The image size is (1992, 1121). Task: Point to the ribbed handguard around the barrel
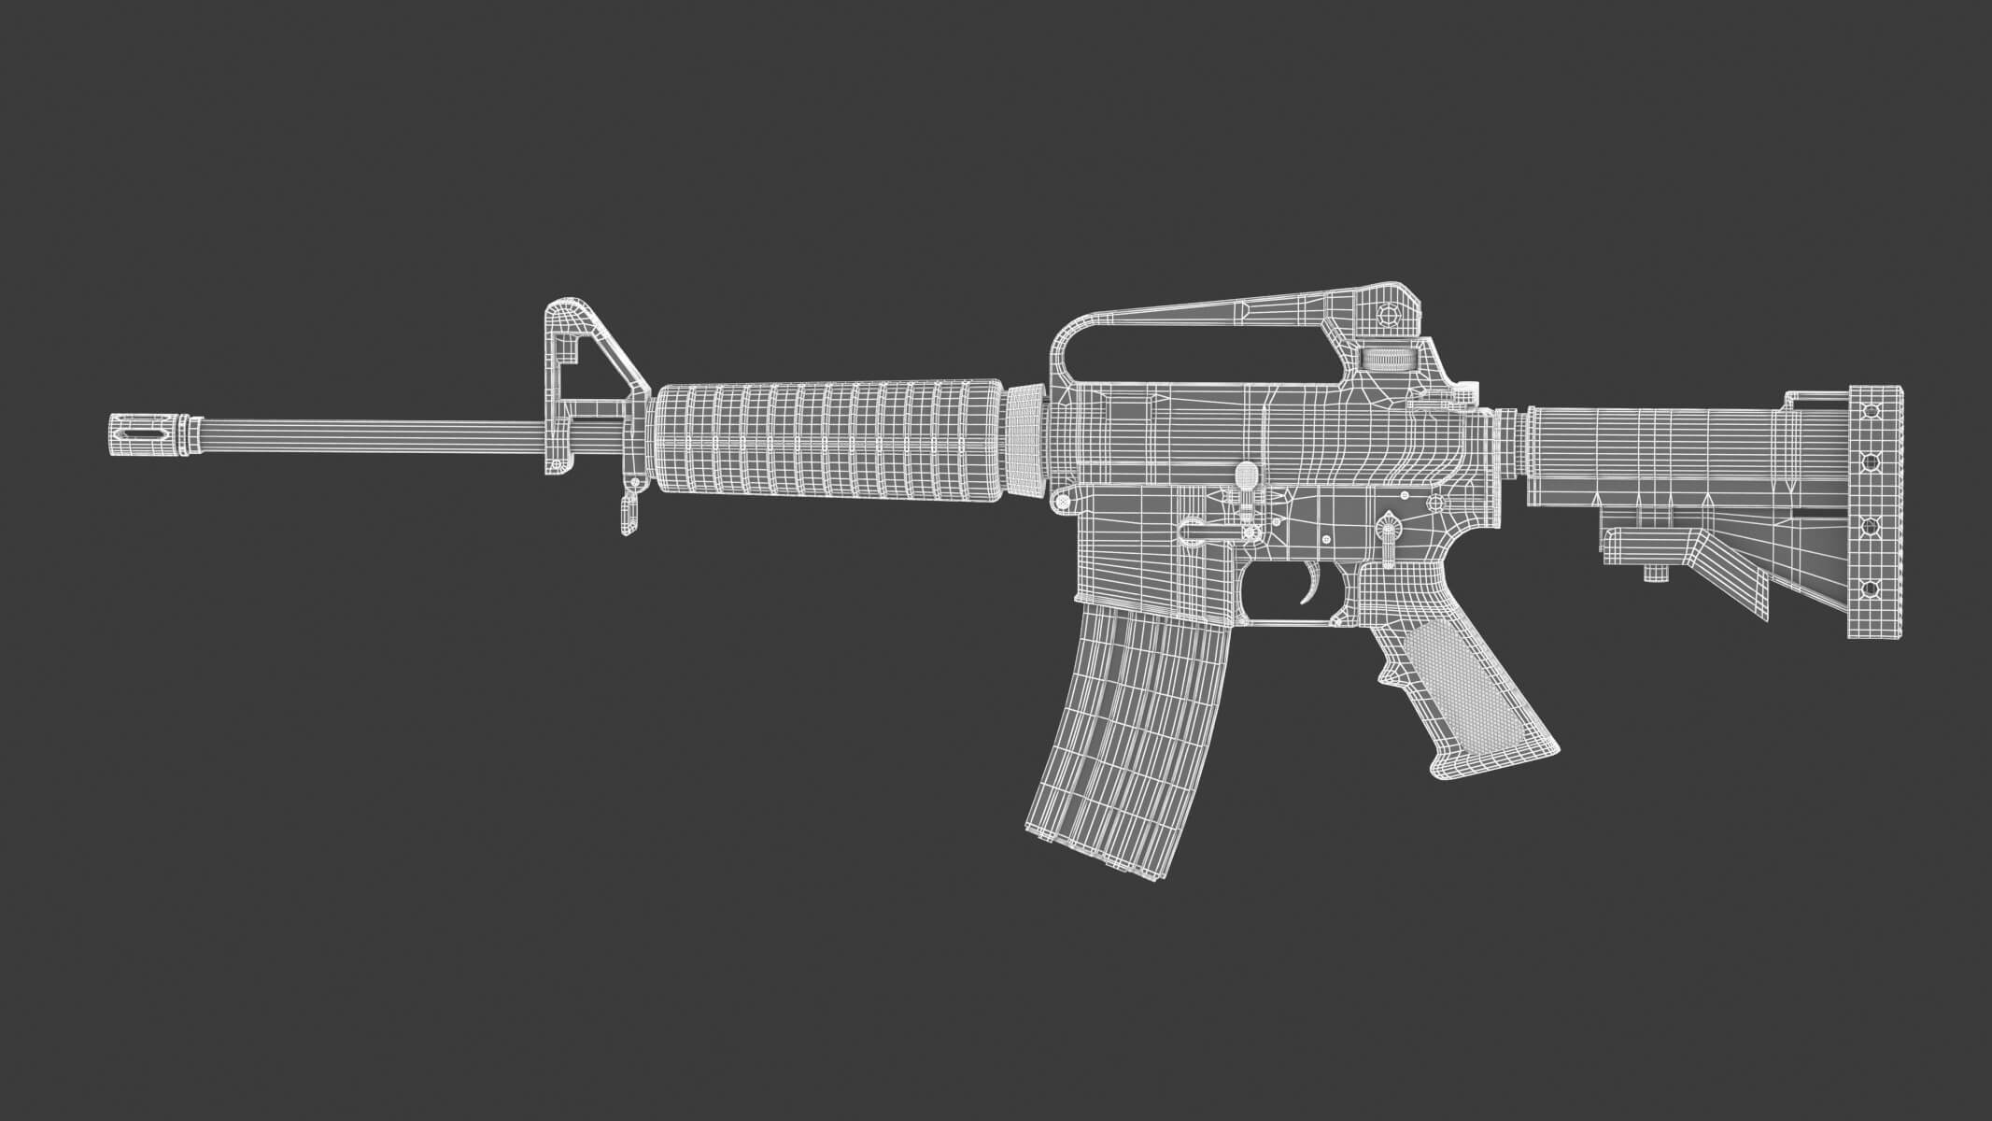(831, 438)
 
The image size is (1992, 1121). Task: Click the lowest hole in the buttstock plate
(1871, 589)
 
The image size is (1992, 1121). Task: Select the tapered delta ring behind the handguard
(1026, 438)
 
